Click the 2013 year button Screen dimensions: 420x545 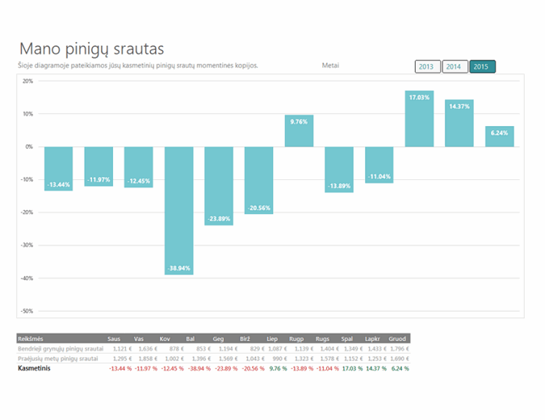coord(427,66)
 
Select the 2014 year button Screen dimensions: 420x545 coord(455,66)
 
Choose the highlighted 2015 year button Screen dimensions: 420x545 coord(482,66)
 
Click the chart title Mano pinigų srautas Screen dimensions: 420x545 coord(97,48)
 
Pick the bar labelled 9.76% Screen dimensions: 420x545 coord(299,131)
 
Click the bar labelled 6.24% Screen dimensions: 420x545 coord(500,136)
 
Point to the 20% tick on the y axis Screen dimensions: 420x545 coord(27,81)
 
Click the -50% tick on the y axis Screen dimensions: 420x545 coord(27,310)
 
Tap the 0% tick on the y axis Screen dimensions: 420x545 coord(29,147)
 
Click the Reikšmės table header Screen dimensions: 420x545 coord(31,338)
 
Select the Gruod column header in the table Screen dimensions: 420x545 coord(398,338)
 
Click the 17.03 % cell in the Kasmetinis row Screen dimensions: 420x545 coord(351,368)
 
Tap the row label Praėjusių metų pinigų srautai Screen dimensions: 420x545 coord(61,358)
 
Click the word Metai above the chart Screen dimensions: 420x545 coord(330,65)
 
